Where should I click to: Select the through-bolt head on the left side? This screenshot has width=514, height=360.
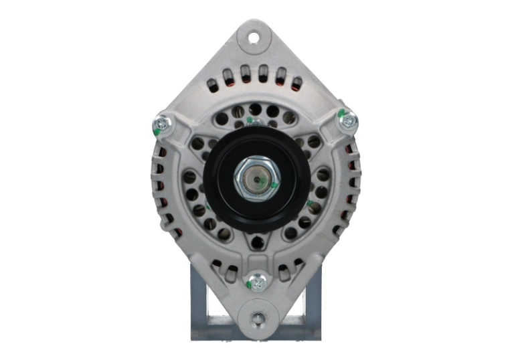click(161, 123)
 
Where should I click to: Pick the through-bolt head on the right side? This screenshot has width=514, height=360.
click(349, 121)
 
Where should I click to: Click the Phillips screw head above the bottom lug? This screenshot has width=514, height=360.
click(256, 280)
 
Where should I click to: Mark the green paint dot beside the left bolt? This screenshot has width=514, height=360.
click(157, 132)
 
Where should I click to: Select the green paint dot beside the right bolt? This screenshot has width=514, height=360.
click(341, 112)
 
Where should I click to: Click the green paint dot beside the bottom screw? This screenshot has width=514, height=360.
click(248, 286)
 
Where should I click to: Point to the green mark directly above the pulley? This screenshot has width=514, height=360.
click(250, 121)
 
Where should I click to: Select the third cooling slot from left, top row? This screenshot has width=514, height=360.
click(246, 73)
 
